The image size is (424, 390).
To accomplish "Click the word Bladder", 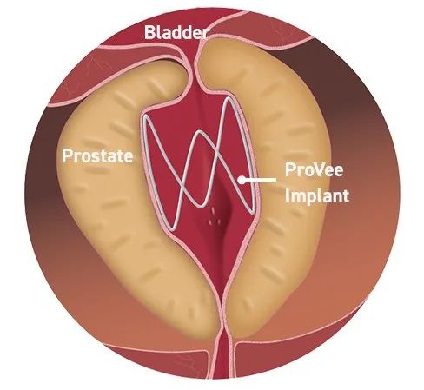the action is click(x=176, y=32).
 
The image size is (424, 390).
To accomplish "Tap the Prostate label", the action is click(x=97, y=155).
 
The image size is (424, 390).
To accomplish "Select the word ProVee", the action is click(x=314, y=169).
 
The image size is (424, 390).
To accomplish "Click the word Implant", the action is click(x=317, y=195).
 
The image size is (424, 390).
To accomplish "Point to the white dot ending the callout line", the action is click(x=242, y=180).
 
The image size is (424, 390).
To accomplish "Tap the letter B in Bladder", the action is click(x=149, y=32).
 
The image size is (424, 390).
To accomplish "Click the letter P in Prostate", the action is click(x=67, y=155).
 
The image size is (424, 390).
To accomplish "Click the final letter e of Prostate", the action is click(x=128, y=157).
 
